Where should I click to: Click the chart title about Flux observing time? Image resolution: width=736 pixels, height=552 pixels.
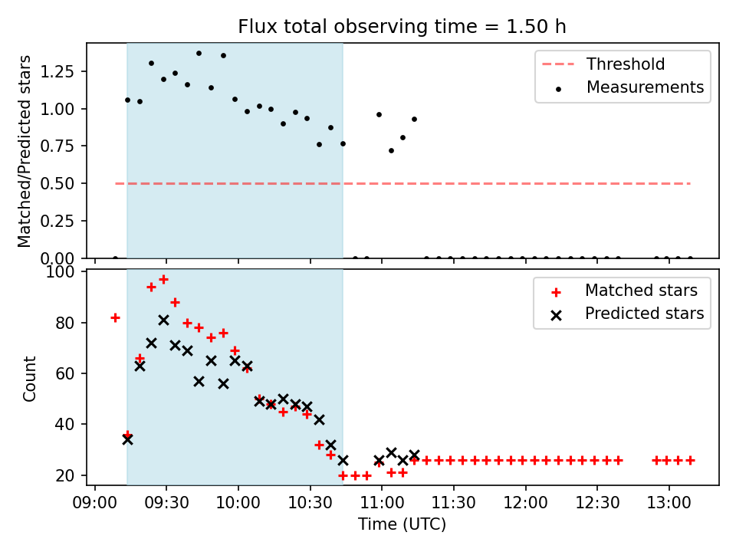click(402, 27)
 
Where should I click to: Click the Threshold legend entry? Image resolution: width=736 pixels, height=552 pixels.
click(626, 64)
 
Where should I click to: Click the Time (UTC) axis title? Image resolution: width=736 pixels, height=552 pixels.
click(402, 525)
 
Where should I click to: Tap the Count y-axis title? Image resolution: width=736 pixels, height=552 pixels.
click(30, 378)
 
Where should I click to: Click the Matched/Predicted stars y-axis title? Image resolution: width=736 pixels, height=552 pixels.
click(25, 151)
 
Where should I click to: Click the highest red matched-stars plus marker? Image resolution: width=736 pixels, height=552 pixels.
click(163, 279)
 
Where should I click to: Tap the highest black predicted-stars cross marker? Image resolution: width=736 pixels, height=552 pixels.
click(163, 320)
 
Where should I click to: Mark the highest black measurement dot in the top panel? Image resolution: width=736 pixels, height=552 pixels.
click(199, 53)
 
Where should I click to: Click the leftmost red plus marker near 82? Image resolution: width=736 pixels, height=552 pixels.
click(115, 317)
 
